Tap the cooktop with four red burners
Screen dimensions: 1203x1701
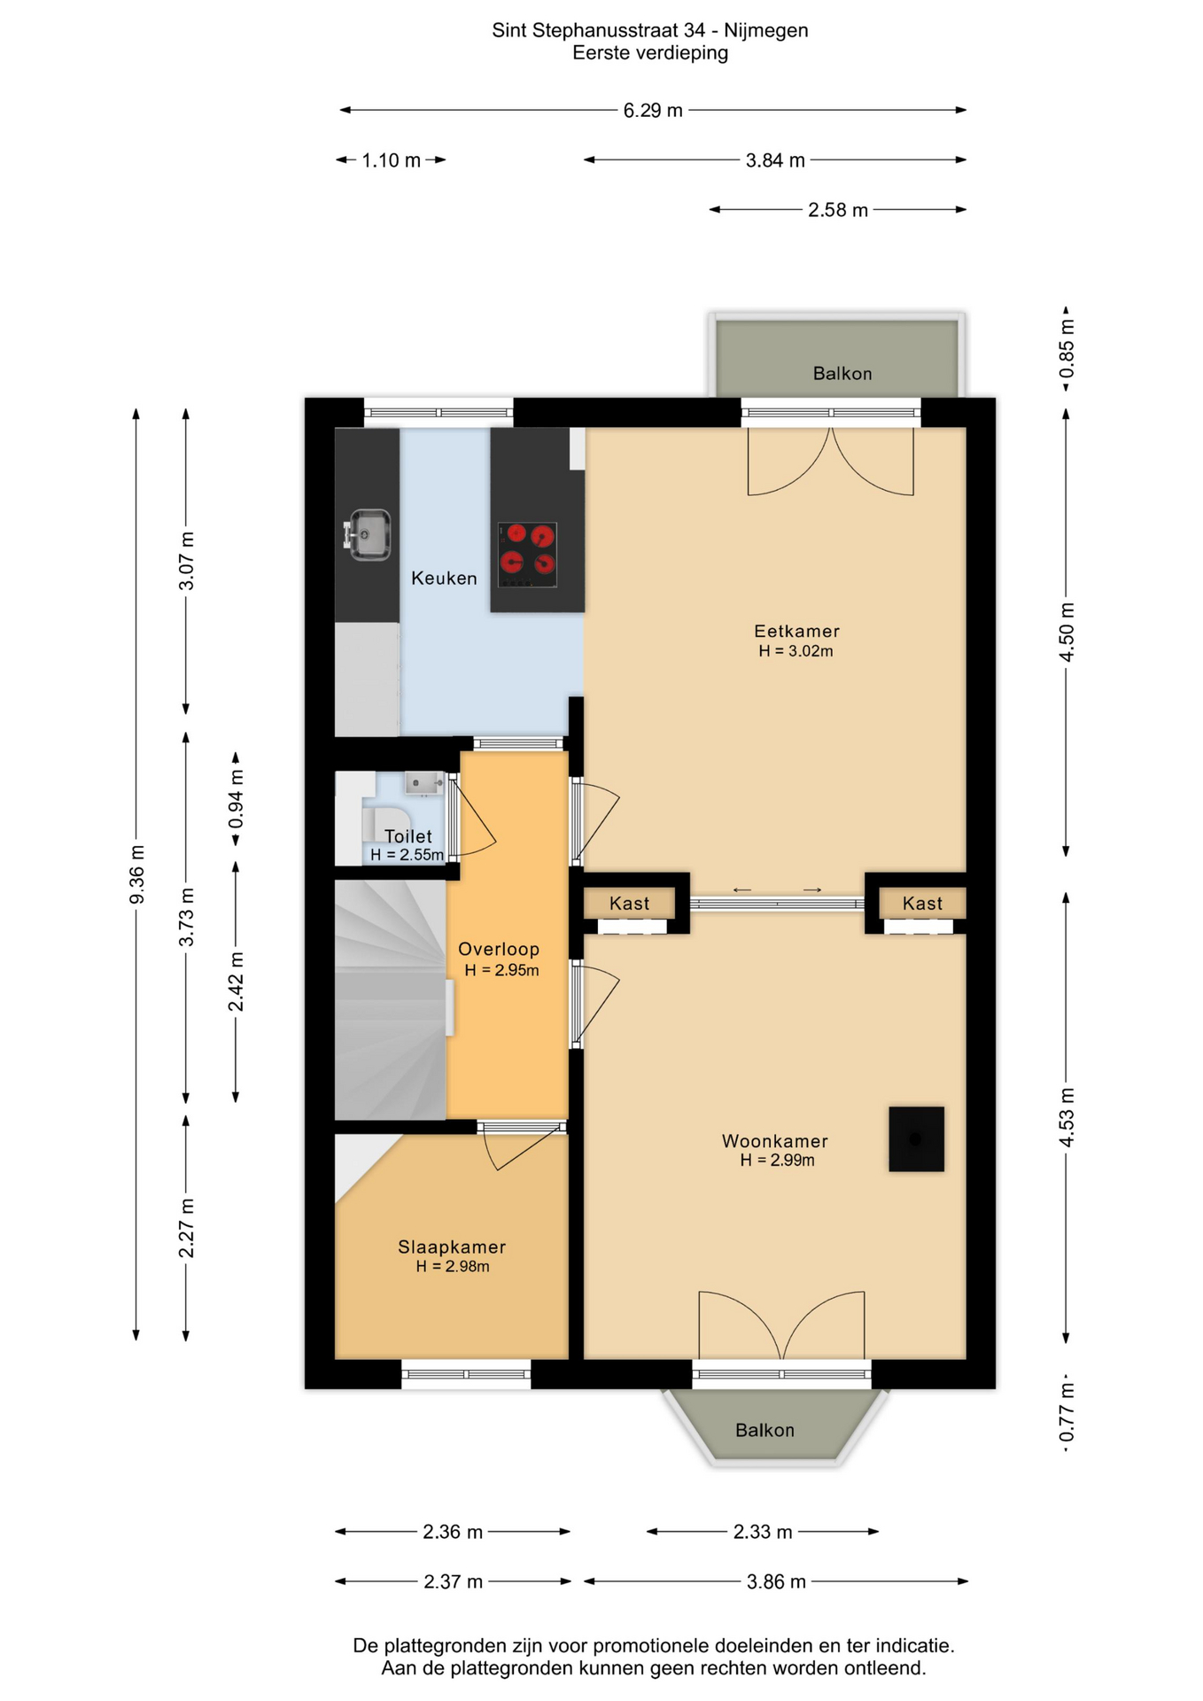coord(527,555)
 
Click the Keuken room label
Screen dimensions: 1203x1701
coord(444,579)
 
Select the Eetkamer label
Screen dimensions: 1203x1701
coord(796,631)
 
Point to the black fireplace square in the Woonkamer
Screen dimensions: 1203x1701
coord(916,1138)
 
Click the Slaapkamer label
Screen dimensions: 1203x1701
coord(452,1247)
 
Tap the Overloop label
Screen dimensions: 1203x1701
coord(499,949)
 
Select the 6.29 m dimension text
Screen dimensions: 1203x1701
coord(653,111)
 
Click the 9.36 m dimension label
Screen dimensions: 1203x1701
coord(137,875)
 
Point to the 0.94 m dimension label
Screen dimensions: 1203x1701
coord(237,798)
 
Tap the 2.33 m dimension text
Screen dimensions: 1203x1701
coord(763,1532)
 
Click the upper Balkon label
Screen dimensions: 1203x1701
coord(842,374)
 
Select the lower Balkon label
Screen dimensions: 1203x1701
coord(764,1430)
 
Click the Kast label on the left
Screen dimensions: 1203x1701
coord(629,904)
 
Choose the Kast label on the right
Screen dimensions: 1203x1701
coord(922,904)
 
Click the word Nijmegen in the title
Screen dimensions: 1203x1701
coord(766,31)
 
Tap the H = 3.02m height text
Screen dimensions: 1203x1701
coord(796,651)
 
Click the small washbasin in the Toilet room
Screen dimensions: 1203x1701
coord(424,782)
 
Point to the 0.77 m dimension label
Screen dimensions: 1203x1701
coord(1067,1415)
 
